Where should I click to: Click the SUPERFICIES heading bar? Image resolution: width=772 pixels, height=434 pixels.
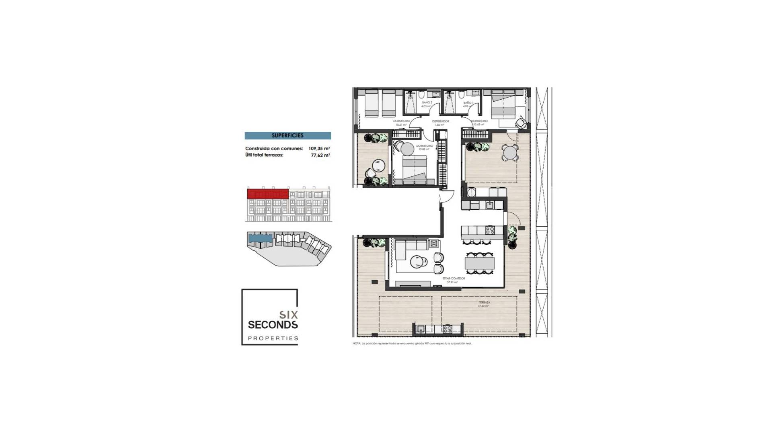[x=287, y=136]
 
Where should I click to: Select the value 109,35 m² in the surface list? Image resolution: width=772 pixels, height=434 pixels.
[x=319, y=149]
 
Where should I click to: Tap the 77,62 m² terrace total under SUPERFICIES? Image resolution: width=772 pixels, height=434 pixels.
[x=320, y=155]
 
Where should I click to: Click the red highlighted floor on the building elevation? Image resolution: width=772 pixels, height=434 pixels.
[x=268, y=194]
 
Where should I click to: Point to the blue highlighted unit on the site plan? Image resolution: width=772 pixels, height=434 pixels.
[x=260, y=238]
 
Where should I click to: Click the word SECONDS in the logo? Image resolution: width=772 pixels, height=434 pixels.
[x=273, y=324]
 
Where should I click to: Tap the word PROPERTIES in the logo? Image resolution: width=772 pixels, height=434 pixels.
[x=273, y=338]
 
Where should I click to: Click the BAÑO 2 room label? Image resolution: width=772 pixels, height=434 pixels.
[x=427, y=103]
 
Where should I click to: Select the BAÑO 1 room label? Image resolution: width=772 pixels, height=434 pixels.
[x=467, y=103]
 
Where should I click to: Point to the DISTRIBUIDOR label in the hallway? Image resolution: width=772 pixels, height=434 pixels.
[x=440, y=121]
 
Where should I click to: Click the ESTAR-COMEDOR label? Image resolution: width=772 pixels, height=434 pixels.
[x=454, y=278]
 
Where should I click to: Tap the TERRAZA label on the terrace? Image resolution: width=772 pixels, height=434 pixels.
[x=484, y=303]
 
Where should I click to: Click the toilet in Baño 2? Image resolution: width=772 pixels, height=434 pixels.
[x=421, y=95]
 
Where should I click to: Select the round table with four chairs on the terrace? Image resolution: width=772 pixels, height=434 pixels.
[x=510, y=153]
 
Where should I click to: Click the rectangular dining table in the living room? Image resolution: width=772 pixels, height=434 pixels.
[x=479, y=263]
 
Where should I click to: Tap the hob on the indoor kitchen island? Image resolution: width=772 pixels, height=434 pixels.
[x=490, y=230]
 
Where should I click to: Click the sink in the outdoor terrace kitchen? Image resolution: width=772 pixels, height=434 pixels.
[x=421, y=329]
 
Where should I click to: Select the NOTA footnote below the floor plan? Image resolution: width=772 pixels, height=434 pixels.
[x=412, y=344]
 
